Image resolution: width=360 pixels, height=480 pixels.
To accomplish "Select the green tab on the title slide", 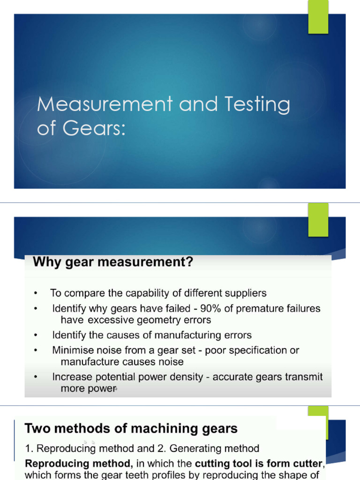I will [318, 17].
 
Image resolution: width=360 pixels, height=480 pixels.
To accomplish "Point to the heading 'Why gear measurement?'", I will [112, 262].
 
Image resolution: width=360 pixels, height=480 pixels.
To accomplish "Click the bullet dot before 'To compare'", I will [36, 294].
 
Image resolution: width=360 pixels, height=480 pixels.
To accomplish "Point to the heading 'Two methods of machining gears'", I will [131, 428].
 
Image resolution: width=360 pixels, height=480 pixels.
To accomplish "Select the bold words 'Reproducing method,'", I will [79, 464].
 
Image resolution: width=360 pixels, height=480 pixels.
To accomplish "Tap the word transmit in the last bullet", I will [305, 377].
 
